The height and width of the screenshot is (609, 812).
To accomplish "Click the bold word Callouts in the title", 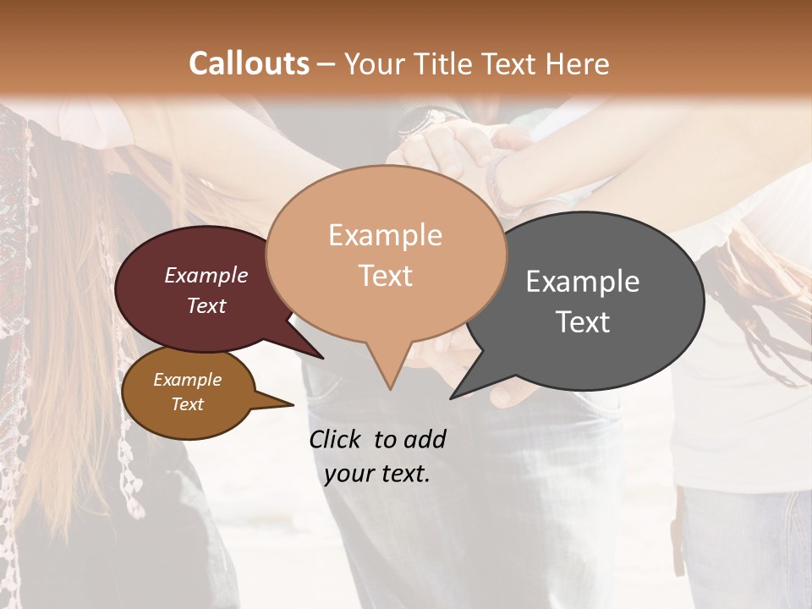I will point(249,64).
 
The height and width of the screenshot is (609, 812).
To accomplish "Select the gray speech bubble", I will point(592,300).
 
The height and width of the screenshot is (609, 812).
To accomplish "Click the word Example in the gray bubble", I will point(583,282).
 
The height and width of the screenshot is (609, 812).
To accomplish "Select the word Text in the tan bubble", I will point(386,276).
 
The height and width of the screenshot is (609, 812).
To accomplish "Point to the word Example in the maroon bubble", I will point(206,275).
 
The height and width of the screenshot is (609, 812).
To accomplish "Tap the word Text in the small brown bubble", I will point(188,404).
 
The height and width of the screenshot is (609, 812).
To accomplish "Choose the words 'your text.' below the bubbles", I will point(377,474).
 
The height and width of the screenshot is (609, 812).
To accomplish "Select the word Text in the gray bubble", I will point(583,322).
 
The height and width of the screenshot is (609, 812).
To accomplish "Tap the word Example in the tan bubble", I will point(386,235).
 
